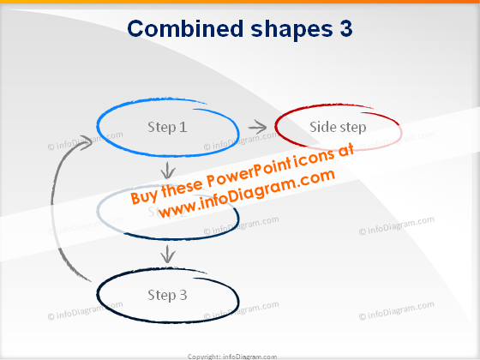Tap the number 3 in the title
click(341, 28)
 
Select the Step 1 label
click(167, 127)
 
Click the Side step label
click(338, 127)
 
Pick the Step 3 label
click(167, 295)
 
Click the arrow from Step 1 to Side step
click(256, 127)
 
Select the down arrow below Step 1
click(169, 170)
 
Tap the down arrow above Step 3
click(169, 253)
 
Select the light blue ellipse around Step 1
click(103, 120)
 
